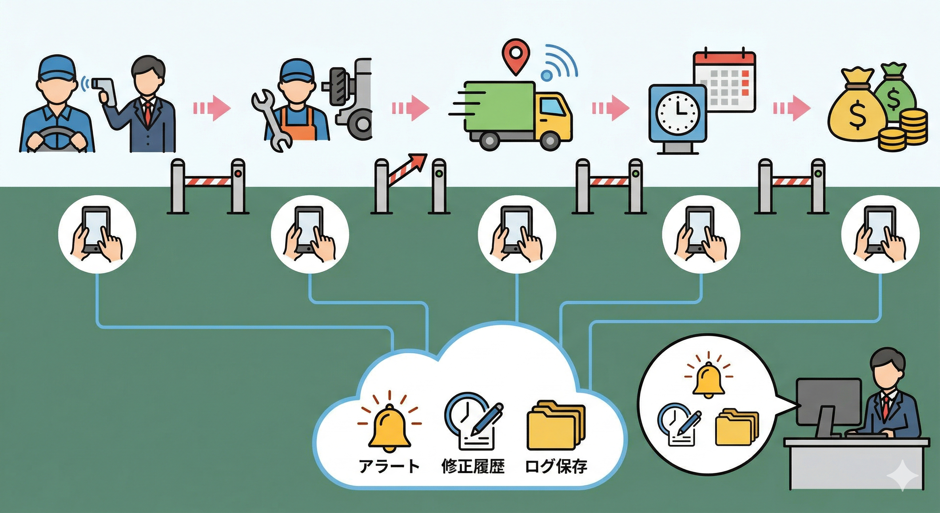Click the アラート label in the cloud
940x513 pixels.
[389, 467]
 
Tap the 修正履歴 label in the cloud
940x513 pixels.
[473, 467]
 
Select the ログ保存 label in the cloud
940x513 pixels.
[556, 467]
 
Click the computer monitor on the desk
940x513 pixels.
[828, 402]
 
